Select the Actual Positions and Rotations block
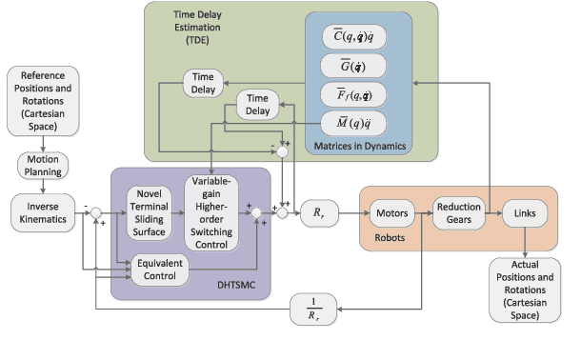[x=524, y=290]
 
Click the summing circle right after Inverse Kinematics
[x=95, y=211]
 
